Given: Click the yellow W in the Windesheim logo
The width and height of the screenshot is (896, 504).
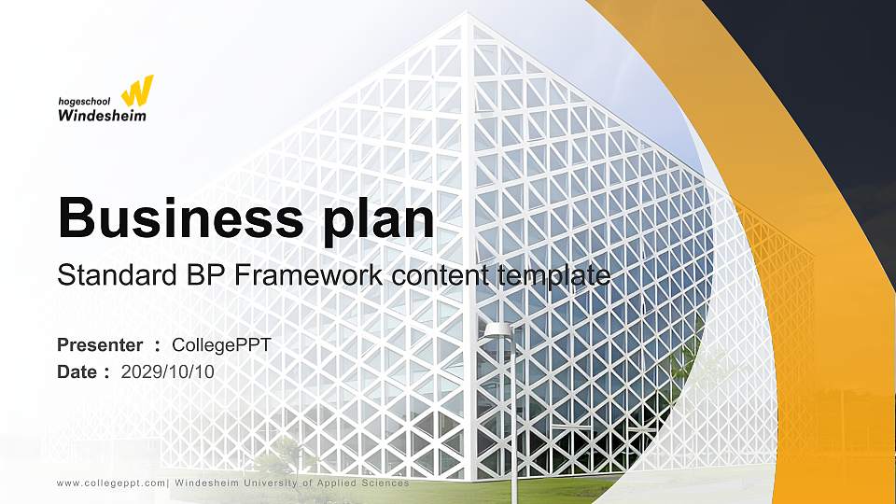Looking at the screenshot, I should (x=137, y=91).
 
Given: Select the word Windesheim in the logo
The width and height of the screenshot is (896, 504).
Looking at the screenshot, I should (x=102, y=116).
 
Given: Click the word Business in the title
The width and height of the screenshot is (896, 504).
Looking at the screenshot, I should (x=175, y=217).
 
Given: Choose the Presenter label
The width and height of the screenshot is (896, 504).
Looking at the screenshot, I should (x=100, y=345).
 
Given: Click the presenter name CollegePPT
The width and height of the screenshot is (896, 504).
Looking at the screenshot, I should (x=228, y=345).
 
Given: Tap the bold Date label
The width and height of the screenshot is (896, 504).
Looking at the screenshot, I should (x=77, y=371).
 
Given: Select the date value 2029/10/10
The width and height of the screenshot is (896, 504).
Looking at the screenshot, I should (x=168, y=371).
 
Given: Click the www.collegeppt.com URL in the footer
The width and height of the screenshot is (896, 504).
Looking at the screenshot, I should (x=111, y=483).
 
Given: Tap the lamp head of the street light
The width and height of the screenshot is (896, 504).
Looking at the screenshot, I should (x=499, y=329).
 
